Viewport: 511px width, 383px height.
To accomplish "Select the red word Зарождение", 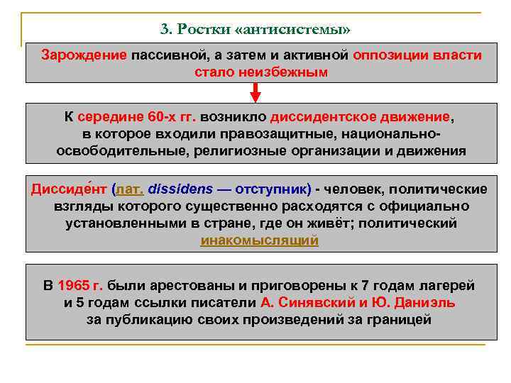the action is point(84,55).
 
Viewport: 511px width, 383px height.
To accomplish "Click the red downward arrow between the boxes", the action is point(255,92).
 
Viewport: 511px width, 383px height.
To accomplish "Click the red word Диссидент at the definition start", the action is point(70,189).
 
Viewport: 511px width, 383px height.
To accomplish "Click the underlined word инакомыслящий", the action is point(260,240).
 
